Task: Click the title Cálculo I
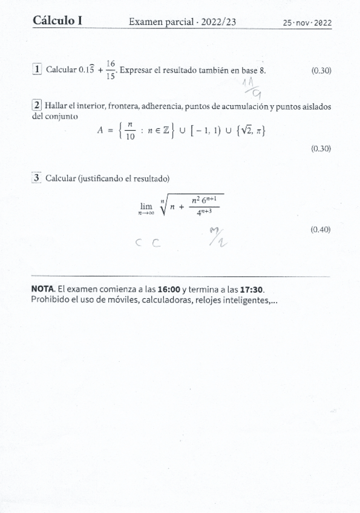pyautogui.click(x=58, y=21)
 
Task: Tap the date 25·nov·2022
pyautogui.click(x=307, y=23)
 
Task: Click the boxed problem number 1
pyautogui.click(x=38, y=70)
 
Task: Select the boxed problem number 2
pyautogui.click(x=37, y=106)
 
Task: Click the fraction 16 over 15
pyautogui.click(x=110, y=70)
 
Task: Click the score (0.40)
pyautogui.click(x=321, y=229)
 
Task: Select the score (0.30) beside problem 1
pyautogui.click(x=321, y=71)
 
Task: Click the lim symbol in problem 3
pyautogui.click(x=146, y=206)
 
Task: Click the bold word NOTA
pyautogui.click(x=43, y=289)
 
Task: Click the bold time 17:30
pyautogui.click(x=251, y=289)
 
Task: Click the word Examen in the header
pyautogui.click(x=146, y=22)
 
